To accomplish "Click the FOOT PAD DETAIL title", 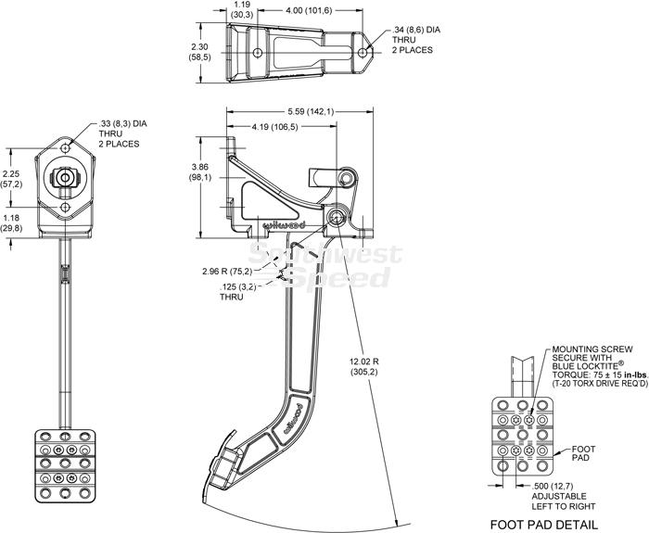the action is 544,524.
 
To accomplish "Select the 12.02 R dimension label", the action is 363,367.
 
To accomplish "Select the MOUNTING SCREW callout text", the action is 599,366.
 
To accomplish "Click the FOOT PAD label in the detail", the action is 583,453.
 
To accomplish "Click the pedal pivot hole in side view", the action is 336,216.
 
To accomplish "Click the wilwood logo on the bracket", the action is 285,225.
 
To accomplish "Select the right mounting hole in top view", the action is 363,53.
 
